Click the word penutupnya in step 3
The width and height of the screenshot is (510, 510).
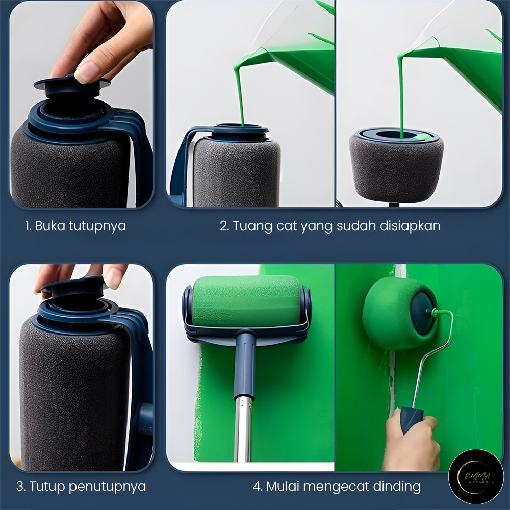coord(107,487)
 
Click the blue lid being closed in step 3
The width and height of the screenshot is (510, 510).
coord(75,288)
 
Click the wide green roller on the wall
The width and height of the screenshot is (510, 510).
coord(246,301)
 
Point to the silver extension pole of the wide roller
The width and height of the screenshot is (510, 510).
coord(243,429)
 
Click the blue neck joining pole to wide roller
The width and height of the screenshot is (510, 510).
coord(245,364)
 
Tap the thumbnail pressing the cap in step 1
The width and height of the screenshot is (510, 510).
coord(86,72)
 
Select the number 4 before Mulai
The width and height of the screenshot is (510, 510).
coord(257,487)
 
